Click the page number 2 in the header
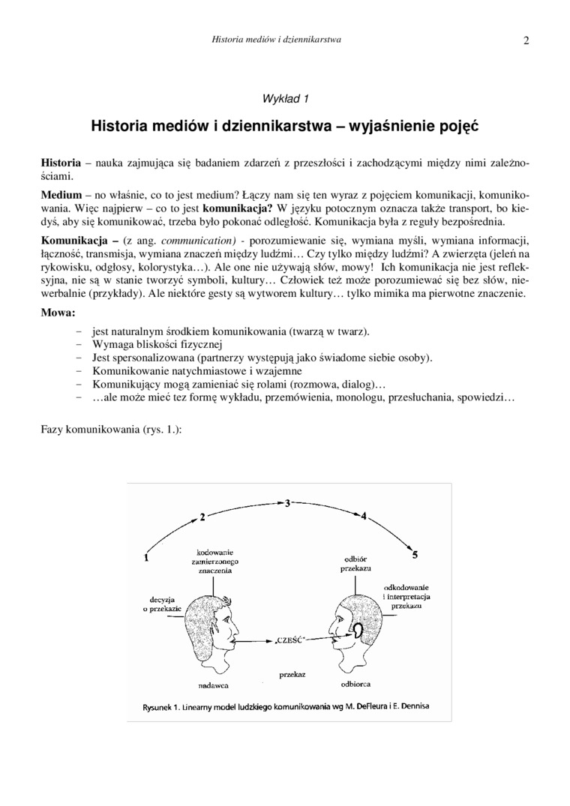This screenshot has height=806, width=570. pyautogui.click(x=526, y=40)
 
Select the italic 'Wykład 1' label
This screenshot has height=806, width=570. pyautogui.click(x=285, y=98)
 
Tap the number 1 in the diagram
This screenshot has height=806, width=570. pyautogui.click(x=146, y=557)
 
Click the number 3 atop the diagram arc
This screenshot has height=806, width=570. pyautogui.click(x=288, y=502)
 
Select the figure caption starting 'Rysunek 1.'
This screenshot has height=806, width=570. pyautogui.click(x=288, y=706)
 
